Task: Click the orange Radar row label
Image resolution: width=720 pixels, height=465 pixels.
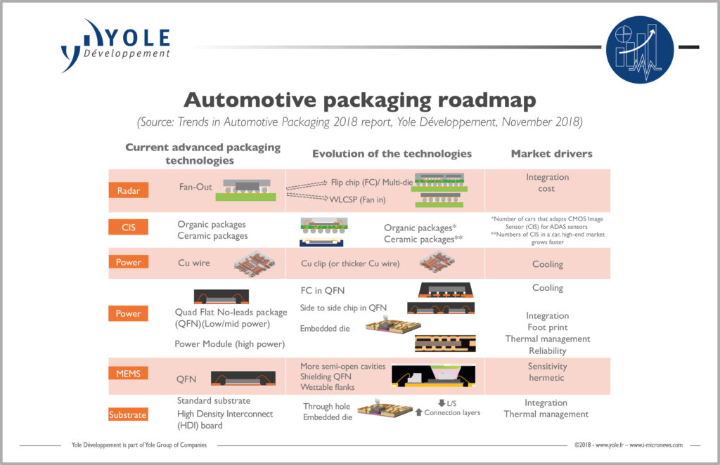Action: click(x=128, y=190)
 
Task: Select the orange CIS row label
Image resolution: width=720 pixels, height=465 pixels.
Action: click(x=128, y=228)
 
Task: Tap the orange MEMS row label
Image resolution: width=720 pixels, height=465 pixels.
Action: click(x=128, y=374)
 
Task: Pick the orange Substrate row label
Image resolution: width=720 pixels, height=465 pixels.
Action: click(x=128, y=414)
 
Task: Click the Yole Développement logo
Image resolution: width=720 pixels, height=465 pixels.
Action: click(x=116, y=46)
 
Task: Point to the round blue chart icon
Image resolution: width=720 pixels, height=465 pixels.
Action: click(x=639, y=49)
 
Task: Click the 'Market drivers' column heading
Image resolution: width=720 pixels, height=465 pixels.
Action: click(x=551, y=154)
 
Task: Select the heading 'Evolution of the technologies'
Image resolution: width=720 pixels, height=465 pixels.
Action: click(x=392, y=154)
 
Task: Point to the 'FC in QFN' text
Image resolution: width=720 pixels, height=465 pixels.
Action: click(x=322, y=289)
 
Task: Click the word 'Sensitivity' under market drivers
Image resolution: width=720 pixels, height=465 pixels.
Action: click(x=547, y=366)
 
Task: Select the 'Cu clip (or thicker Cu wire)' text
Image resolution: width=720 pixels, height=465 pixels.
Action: click(x=349, y=263)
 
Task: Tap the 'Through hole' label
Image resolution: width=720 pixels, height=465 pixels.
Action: click(x=327, y=406)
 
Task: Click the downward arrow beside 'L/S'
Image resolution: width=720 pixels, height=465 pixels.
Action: click(x=442, y=402)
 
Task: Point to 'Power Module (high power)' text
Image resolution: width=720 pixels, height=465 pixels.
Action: click(x=229, y=344)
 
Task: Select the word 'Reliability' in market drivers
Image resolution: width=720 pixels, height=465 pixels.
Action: click(x=547, y=351)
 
